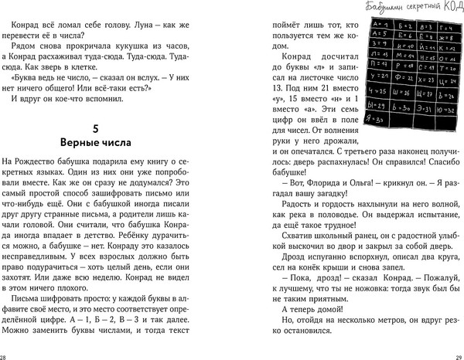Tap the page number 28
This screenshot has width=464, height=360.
(x=4, y=354)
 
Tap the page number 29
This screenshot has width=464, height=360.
(x=459, y=354)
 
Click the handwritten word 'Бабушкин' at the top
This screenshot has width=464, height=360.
(x=362, y=8)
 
